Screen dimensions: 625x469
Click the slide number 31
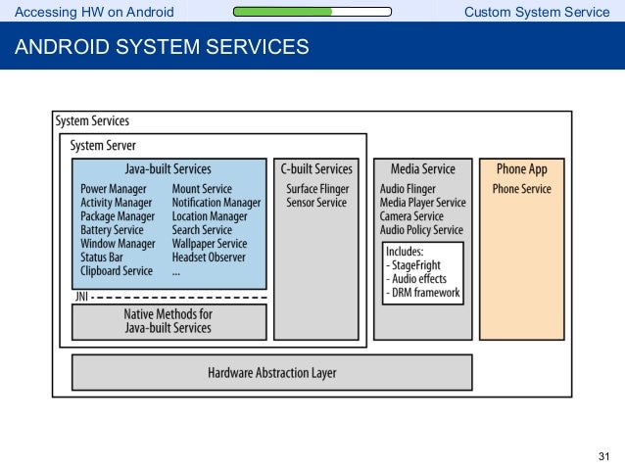pos(603,456)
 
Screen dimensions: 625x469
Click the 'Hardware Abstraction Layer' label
pos(271,373)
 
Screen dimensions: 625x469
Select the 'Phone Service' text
pos(522,188)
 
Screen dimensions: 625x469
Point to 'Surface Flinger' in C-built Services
pos(317,189)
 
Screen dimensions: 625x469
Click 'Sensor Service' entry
pos(316,203)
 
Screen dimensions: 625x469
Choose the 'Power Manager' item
pos(114,189)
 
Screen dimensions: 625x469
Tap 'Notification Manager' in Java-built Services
pos(216,203)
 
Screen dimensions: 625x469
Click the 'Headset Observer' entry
pos(209,258)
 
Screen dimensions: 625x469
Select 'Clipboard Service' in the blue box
pos(117,271)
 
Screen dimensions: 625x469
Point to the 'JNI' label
pos(81,297)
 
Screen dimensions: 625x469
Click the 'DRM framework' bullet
pos(422,293)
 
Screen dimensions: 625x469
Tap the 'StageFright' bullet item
pos(413,265)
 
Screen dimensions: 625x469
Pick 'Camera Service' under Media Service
pos(411,216)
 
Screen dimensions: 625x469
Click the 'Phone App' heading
pos(522,169)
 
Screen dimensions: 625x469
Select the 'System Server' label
pos(103,146)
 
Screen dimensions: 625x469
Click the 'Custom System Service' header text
pos(537,12)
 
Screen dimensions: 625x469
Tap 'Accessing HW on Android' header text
pos(94,12)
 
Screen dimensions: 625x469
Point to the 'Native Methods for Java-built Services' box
pos(169,322)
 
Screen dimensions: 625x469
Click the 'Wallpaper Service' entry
pos(210,244)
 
